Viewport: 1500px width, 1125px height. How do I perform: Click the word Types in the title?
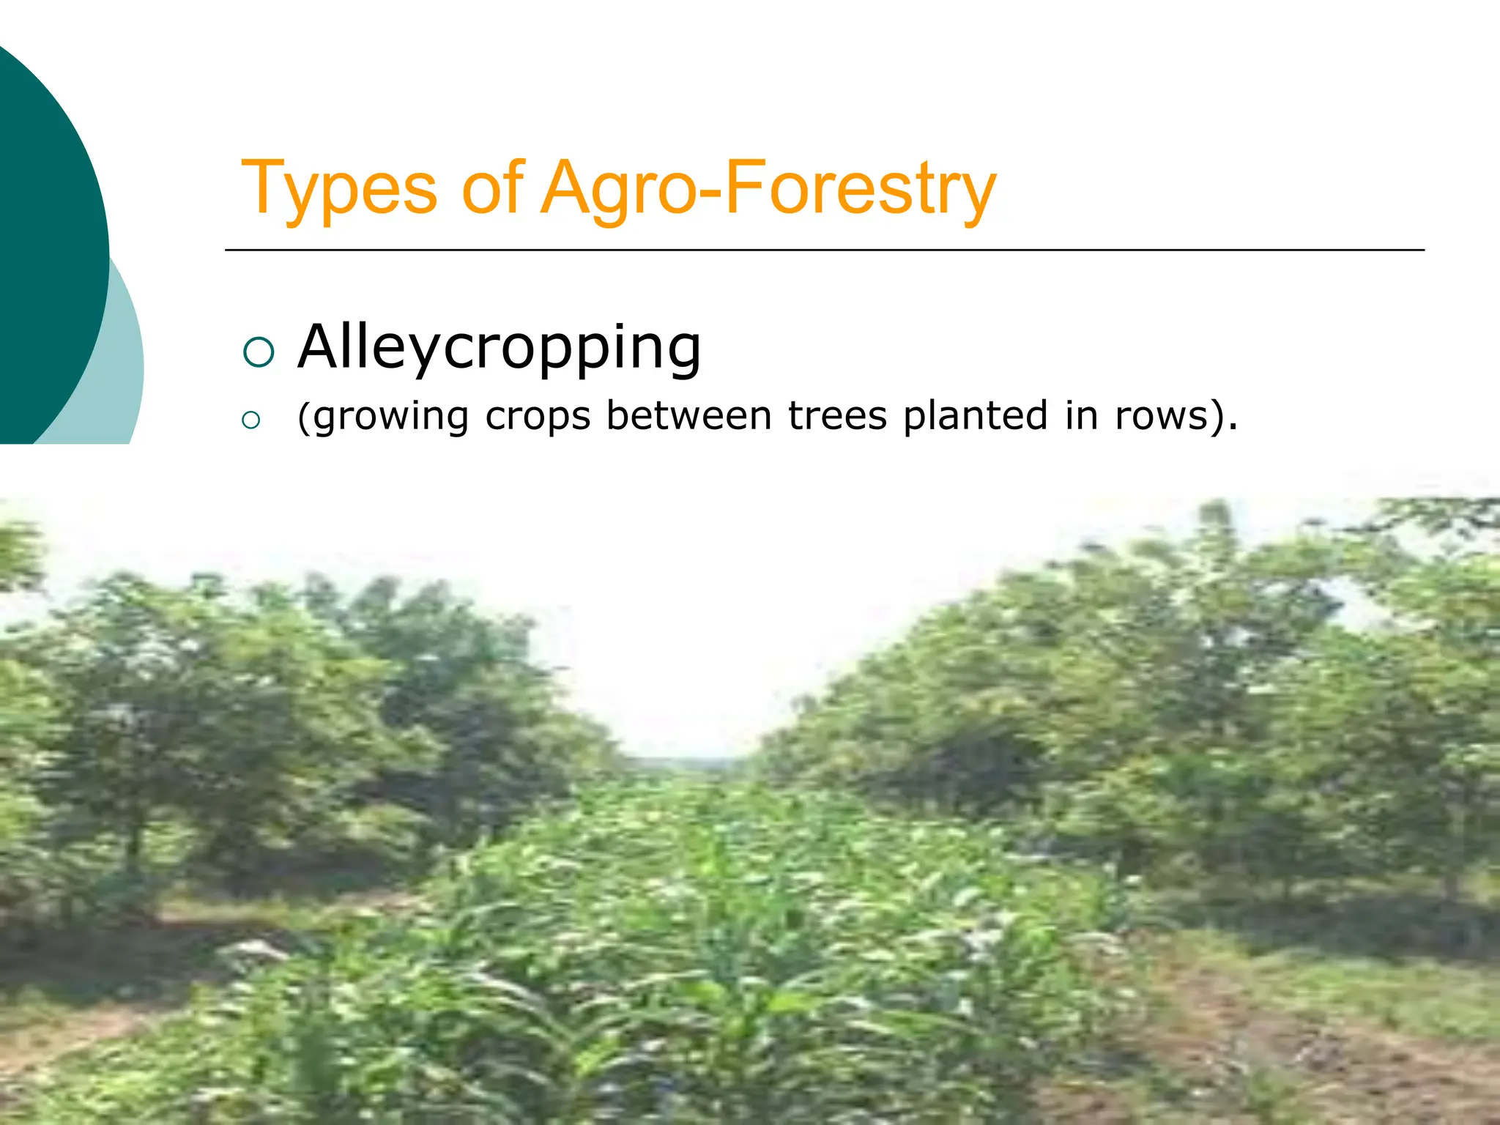338,189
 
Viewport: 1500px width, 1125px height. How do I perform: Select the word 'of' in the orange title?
492,189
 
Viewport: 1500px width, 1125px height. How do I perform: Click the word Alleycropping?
500,347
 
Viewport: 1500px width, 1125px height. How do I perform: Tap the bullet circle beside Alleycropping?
258,352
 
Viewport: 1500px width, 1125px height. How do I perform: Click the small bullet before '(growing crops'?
250,420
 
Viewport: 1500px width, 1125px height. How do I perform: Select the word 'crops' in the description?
538,416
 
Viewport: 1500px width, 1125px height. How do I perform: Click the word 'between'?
688,416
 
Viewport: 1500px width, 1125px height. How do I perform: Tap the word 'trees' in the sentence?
837,416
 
